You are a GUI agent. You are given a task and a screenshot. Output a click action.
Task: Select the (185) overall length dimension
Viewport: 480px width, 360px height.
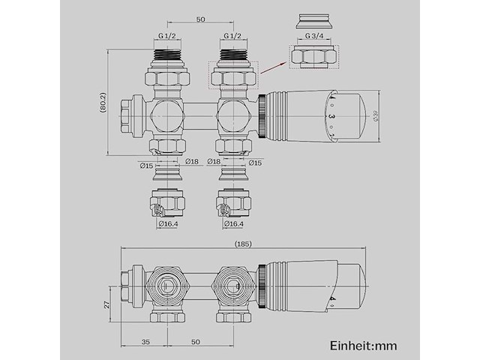click(x=243, y=244)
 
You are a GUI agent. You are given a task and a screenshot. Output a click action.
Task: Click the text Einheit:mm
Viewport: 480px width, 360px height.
click(x=363, y=345)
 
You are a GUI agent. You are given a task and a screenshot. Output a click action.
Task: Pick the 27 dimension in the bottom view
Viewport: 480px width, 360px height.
click(x=107, y=304)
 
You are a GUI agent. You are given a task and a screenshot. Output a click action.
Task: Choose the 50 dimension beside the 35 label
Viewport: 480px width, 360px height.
click(x=195, y=342)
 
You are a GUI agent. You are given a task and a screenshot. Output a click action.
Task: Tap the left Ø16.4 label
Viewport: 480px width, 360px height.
click(x=168, y=223)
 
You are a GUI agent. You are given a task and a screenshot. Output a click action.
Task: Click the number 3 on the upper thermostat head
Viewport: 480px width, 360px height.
click(x=329, y=118)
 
